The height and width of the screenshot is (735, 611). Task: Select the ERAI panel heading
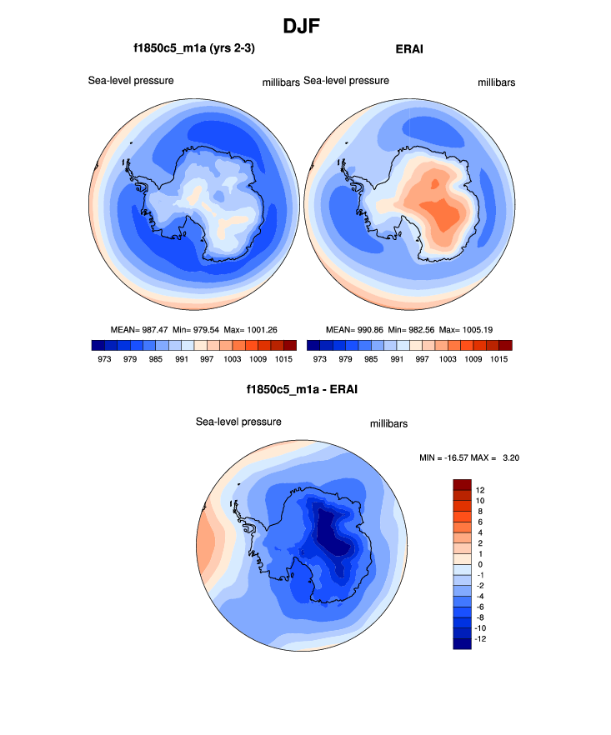pos(408,49)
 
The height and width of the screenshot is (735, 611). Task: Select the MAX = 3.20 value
pos(502,457)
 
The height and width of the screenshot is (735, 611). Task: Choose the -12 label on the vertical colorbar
pos(482,638)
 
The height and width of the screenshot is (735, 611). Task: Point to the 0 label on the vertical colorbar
pos(479,564)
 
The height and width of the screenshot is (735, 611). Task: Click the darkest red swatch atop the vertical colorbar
pos(463,484)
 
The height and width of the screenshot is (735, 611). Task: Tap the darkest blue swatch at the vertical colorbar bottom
pos(463,642)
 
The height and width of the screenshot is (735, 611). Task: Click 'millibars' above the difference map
pos(388,424)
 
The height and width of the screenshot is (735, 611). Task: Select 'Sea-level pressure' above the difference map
pos(238,422)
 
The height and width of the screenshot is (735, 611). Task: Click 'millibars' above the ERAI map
pos(497,83)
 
